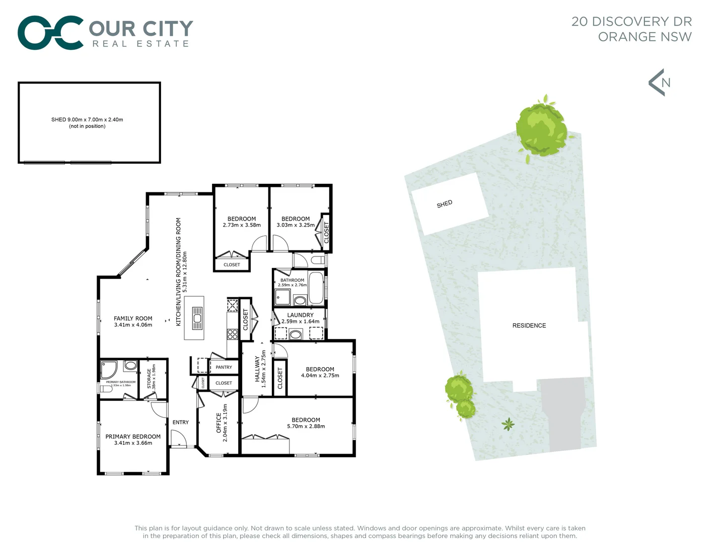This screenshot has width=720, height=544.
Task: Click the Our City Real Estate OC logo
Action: pyautogui.click(x=50, y=33)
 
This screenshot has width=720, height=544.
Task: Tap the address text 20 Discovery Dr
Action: pyautogui.click(x=631, y=22)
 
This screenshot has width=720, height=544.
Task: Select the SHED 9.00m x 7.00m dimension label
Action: pyautogui.click(x=87, y=120)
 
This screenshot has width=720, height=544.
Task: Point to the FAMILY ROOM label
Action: pyautogui.click(x=133, y=318)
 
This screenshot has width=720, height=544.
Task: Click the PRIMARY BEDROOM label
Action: pyautogui.click(x=133, y=437)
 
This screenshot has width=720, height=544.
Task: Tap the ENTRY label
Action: pyautogui.click(x=180, y=422)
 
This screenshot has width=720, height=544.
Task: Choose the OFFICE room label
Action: pyautogui.click(x=219, y=423)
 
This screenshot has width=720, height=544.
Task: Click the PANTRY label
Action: pyautogui.click(x=224, y=367)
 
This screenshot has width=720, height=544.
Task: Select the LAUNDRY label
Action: pyautogui.click(x=300, y=315)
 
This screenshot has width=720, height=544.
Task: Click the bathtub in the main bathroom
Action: pyautogui.click(x=316, y=288)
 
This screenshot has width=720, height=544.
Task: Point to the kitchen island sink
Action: pyautogui.click(x=197, y=318)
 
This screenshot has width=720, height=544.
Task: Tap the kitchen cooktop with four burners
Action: pyautogui.click(x=232, y=334)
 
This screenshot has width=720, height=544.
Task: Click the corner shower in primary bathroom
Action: pyautogui.click(x=109, y=369)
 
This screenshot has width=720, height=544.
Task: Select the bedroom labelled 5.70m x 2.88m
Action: pyautogui.click(x=306, y=423)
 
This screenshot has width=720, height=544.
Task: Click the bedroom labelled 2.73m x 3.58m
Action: pyautogui.click(x=242, y=222)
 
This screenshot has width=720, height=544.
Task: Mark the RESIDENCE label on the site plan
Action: pyautogui.click(x=529, y=325)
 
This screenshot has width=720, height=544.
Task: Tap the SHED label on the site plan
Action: pyautogui.click(x=444, y=204)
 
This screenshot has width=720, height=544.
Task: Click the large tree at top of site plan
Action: pyautogui.click(x=541, y=128)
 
